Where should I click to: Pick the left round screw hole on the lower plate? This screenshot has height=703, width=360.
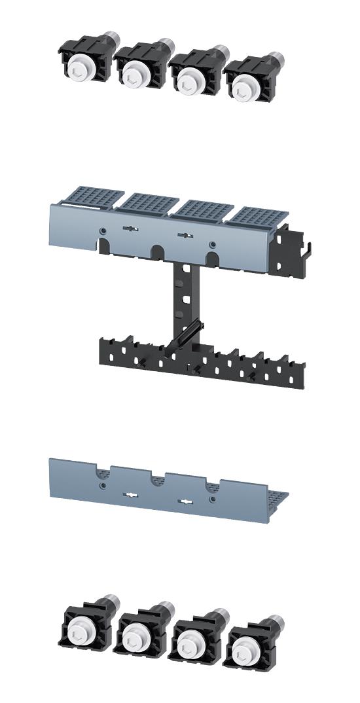point(102,486)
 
